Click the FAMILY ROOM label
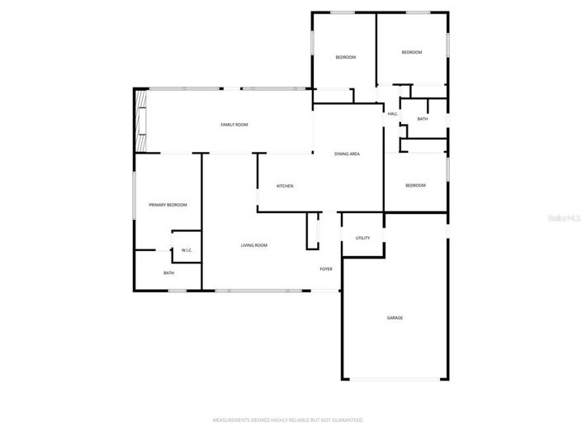[x=234, y=125]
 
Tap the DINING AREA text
[x=347, y=154]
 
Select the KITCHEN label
[x=285, y=186]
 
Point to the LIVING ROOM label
[x=254, y=245]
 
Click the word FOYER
[x=326, y=269]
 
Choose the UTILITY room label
[x=362, y=238]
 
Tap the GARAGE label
[x=395, y=317]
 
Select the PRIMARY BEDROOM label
[x=168, y=205]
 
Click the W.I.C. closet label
[x=187, y=251]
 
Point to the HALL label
[x=392, y=114]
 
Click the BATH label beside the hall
[x=423, y=119]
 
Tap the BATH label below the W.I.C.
[x=168, y=273]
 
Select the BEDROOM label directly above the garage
[x=415, y=185]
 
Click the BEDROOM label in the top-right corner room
[x=412, y=52]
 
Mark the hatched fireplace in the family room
[x=142, y=121]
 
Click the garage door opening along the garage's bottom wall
[x=395, y=379]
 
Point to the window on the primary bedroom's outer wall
[x=134, y=196]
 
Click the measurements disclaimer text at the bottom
[x=289, y=420]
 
